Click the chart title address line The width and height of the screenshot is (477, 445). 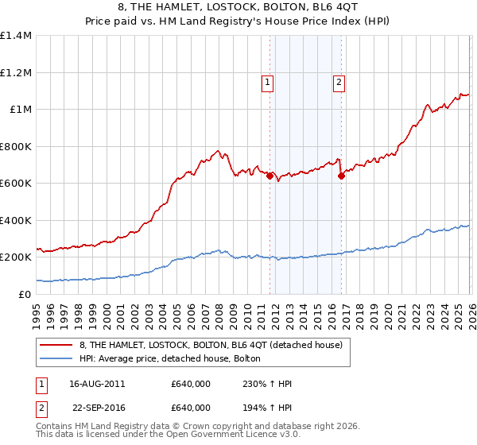tap(238, 9)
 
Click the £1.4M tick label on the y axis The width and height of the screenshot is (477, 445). tap(16, 36)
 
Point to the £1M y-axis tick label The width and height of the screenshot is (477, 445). tap(20, 110)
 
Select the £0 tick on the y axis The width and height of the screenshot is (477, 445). tap(25, 294)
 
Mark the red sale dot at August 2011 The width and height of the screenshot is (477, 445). tap(270, 176)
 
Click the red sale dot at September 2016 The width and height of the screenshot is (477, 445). tap(341, 176)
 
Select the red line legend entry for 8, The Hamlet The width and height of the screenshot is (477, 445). tap(211, 345)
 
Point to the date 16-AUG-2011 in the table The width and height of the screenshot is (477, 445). tap(97, 383)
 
